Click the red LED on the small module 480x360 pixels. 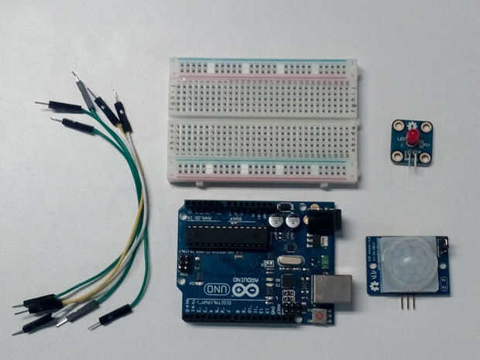click(413, 138)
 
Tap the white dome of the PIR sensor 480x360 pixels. click(407, 264)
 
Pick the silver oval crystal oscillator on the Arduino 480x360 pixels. click(290, 261)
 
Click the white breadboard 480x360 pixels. click(263, 120)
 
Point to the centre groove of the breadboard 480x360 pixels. click(263, 118)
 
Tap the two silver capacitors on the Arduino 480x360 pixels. click(284, 221)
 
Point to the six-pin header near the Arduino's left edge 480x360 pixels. click(184, 264)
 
